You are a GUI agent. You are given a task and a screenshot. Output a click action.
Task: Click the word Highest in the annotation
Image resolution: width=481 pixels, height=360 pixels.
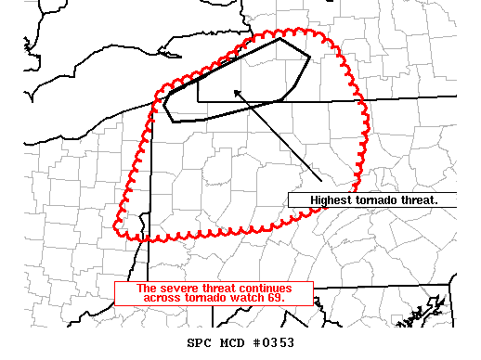pos(329,200)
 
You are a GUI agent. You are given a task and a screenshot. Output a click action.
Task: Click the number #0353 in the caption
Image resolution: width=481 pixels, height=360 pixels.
pos(274,343)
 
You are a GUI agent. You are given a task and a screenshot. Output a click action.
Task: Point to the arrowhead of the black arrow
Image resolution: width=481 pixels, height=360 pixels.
pos(235,90)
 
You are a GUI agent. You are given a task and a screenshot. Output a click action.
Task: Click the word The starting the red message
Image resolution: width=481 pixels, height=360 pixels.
pos(146,289)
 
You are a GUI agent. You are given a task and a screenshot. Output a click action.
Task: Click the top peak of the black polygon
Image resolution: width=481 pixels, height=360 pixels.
pos(281,39)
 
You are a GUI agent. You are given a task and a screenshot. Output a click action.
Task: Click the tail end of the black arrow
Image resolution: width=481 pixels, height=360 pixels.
pos(320,182)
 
